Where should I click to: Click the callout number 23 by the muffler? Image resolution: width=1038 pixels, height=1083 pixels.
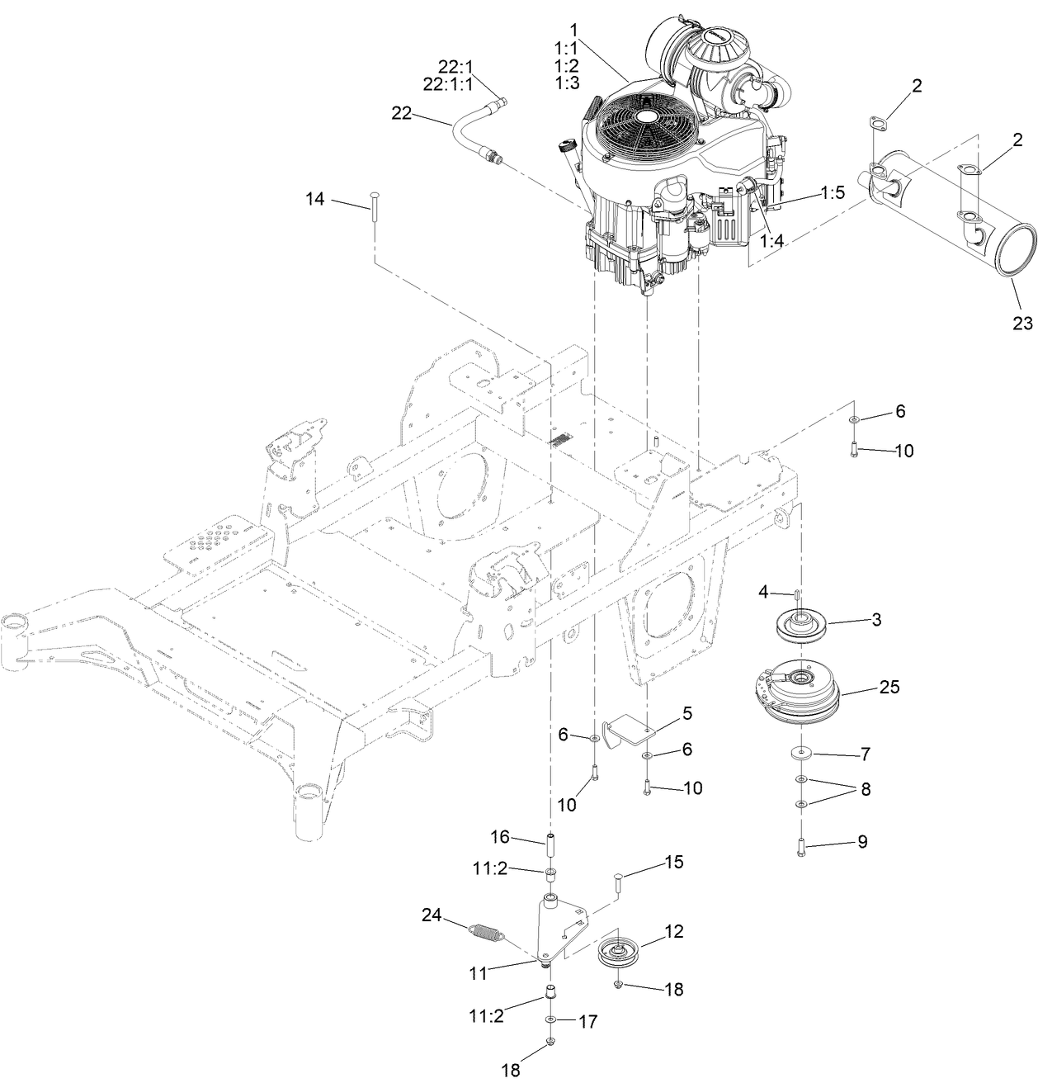(1021, 324)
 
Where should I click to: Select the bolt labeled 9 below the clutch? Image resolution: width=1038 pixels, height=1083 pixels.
(800, 847)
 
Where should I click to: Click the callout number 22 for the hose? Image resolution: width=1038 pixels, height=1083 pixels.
(401, 114)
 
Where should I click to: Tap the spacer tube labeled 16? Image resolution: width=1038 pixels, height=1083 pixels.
(550, 847)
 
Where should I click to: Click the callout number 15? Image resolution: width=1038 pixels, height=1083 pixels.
(673, 863)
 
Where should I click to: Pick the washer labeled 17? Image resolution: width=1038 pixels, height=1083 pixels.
(550, 1021)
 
